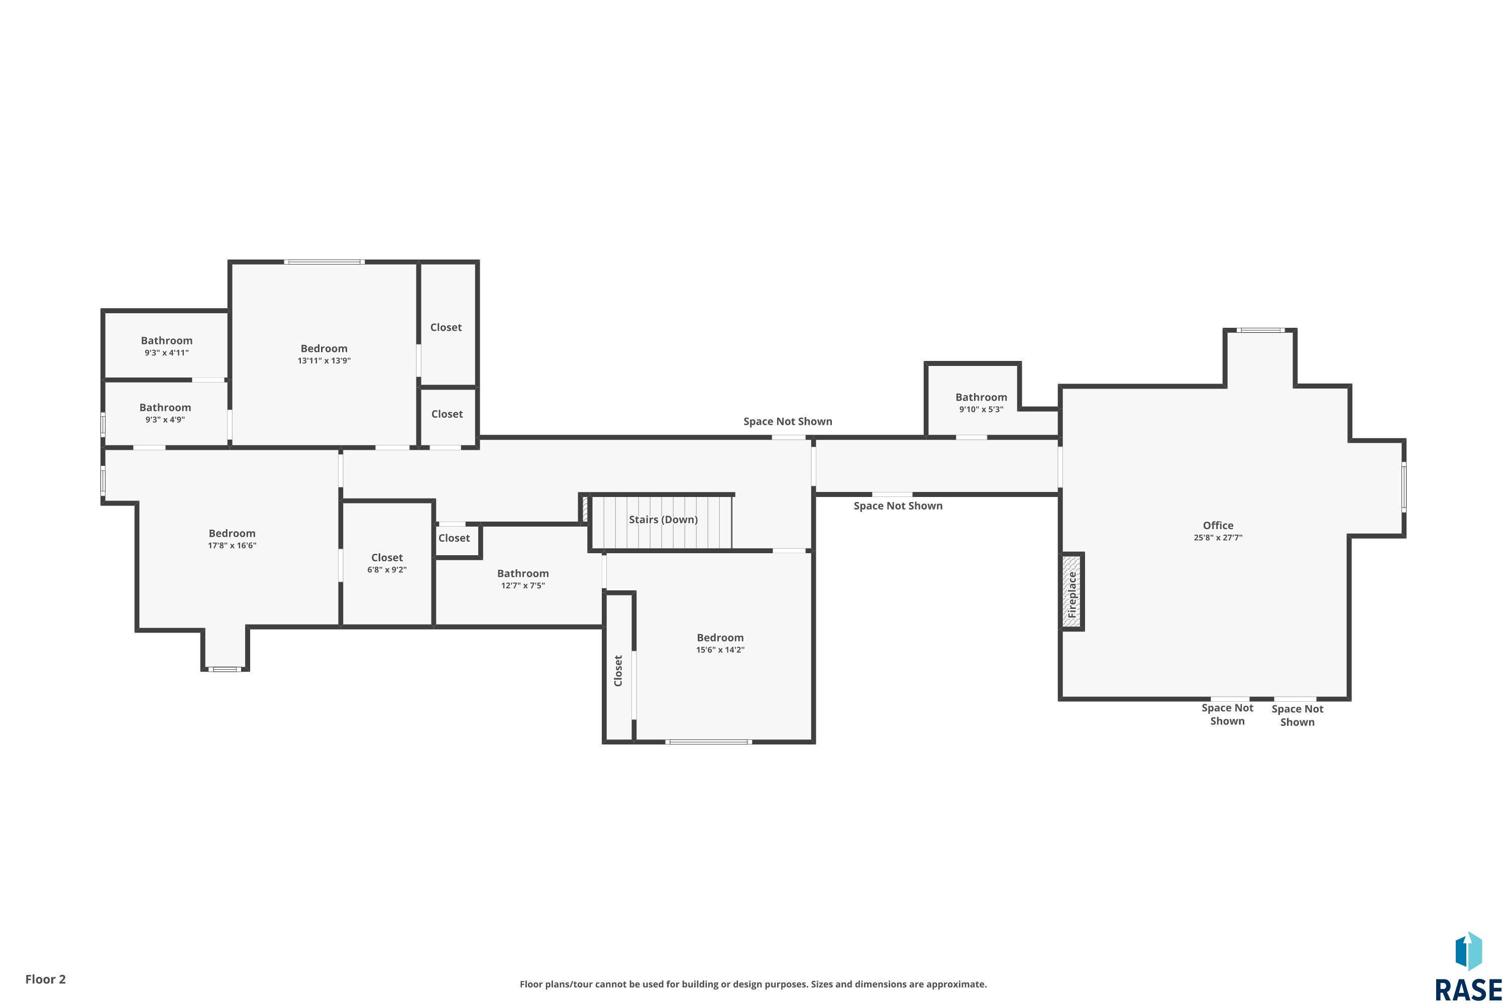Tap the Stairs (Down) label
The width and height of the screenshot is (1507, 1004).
663,519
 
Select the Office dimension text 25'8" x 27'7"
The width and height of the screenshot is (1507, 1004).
1217,538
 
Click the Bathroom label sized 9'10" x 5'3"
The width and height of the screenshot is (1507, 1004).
981,397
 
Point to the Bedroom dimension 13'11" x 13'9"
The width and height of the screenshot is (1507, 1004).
324,360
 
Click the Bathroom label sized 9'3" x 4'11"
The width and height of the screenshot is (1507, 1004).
167,341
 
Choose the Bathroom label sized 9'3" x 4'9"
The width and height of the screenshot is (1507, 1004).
165,407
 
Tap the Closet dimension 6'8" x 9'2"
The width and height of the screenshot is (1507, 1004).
386,570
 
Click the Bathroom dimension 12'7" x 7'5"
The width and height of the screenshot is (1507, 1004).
522,585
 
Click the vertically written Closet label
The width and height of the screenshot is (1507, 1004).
618,670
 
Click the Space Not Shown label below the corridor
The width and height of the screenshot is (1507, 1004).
897,506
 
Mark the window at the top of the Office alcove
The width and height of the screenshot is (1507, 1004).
1260,330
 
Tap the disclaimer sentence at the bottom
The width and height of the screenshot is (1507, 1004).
753,984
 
